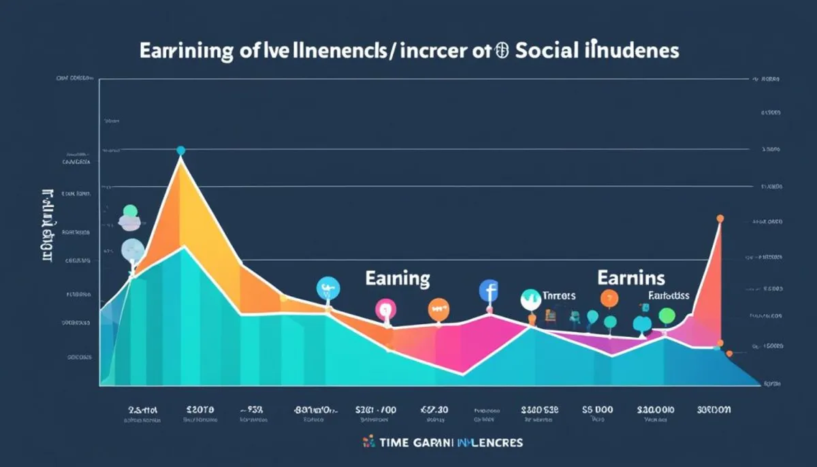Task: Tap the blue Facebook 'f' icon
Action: click(489, 291)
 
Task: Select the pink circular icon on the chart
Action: click(385, 310)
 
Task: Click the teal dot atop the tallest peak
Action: click(180, 150)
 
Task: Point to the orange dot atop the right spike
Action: click(720, 219)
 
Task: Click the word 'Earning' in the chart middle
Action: click(398, 278)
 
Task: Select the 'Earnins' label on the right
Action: click(631, 278)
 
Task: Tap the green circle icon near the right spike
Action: click(667, 315)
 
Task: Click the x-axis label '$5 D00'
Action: click(598, 410)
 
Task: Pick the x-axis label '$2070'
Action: click(200, 410)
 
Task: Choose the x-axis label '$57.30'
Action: click(433, 410)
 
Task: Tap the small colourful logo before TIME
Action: click(370, 442)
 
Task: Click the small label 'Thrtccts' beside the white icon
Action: click(559, 296)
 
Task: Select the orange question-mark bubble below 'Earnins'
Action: click(609, 297)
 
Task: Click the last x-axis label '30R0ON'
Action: click(714, 410)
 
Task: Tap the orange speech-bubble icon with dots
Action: click(438, 310)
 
